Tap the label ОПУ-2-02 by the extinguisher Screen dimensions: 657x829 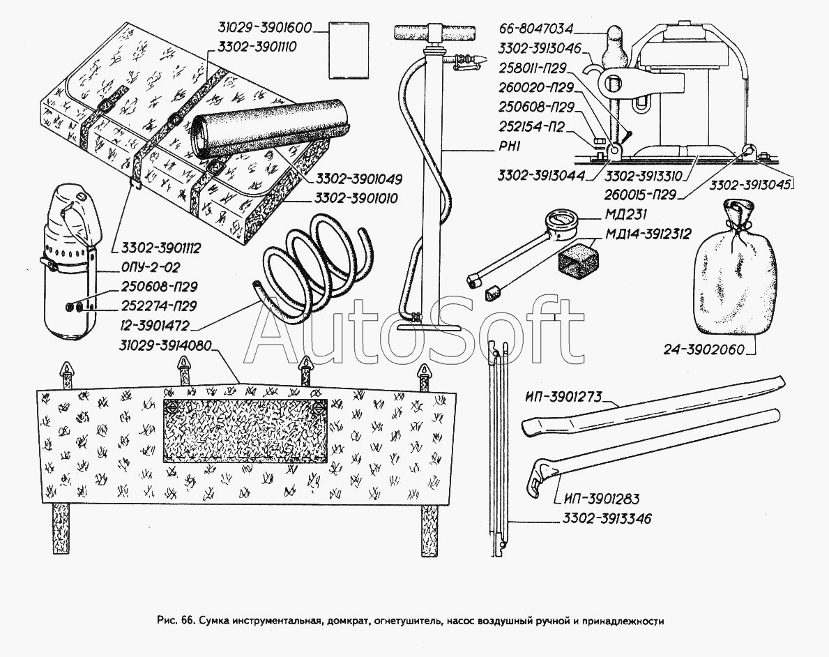[151, 267]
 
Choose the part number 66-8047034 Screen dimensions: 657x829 [536, 29]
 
